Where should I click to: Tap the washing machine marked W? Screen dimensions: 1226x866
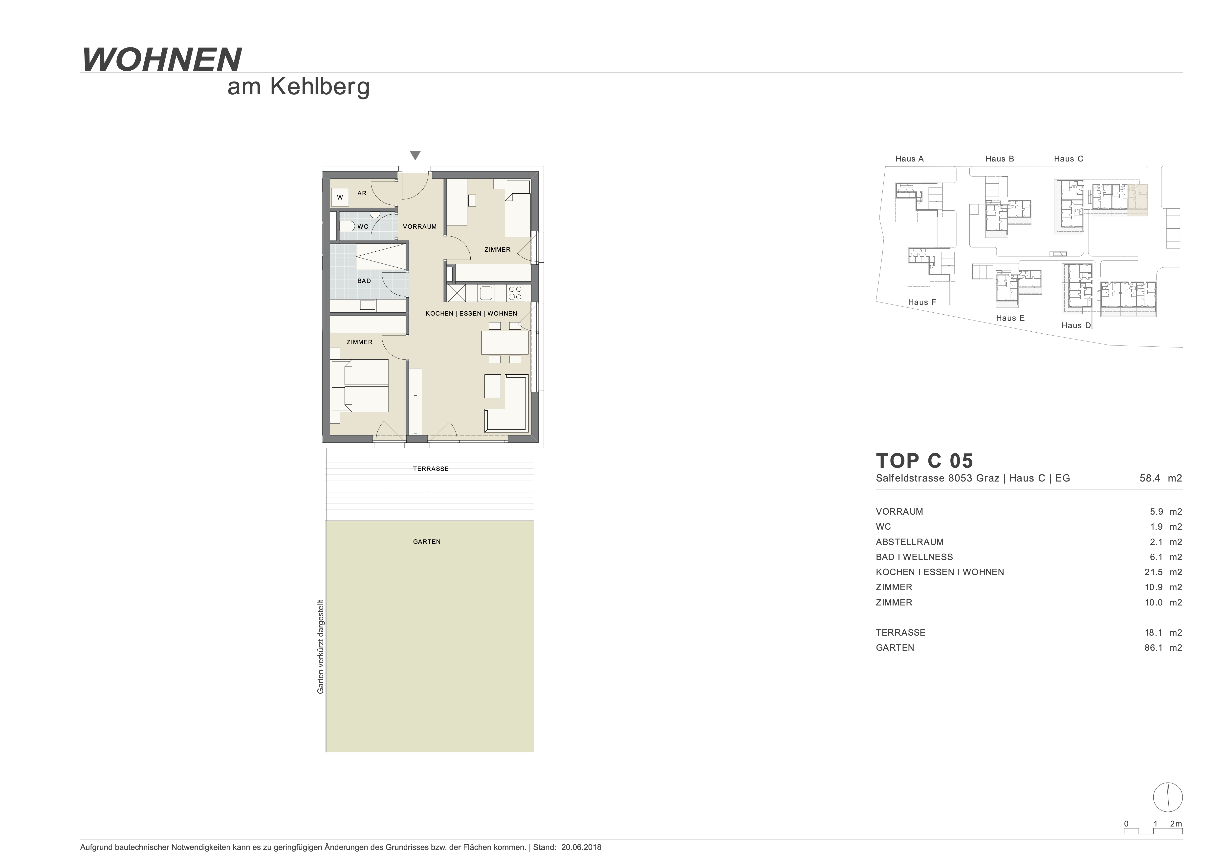coord(340,198)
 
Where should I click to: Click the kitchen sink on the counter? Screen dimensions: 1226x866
coord(486,293)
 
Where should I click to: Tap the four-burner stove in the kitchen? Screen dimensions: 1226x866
coord(515,293)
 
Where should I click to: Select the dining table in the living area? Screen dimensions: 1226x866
coord(504,342)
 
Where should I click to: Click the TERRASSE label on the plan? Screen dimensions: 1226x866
coord(430,469)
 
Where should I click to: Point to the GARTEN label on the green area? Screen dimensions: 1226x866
coord(427,542)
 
